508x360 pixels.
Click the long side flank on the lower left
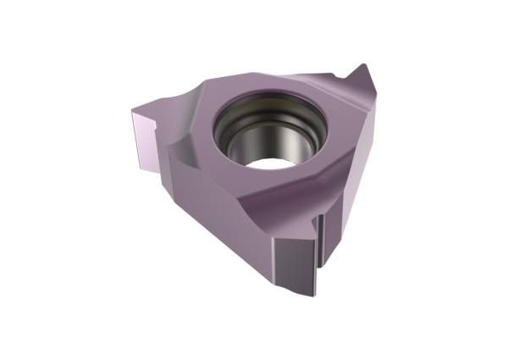pyautogui.click(x=216, y=212)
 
